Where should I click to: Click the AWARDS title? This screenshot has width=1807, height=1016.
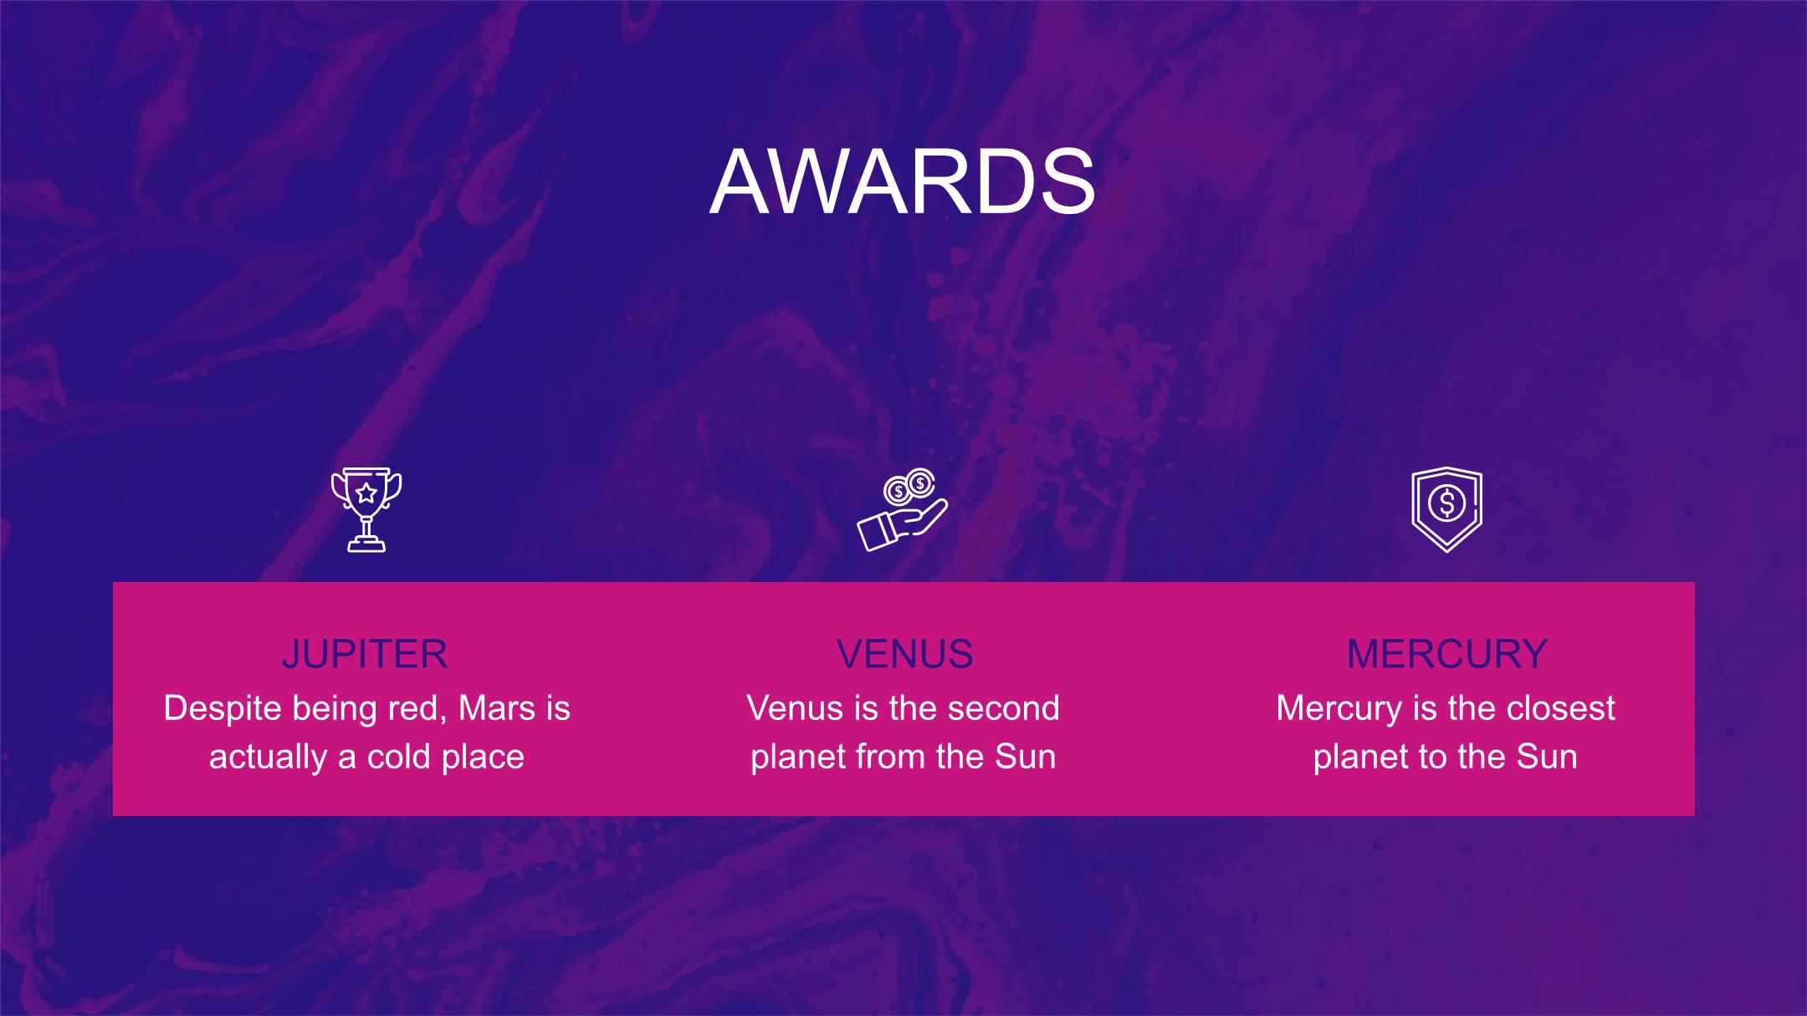(903, 181)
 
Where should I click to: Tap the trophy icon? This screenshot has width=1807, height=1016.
(366, 509)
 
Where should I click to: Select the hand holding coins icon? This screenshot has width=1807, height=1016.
(903, 509)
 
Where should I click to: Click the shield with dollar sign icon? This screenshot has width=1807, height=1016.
(1446, 509)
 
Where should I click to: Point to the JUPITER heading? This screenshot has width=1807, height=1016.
(365, 654)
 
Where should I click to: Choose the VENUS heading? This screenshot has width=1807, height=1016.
(904, 654)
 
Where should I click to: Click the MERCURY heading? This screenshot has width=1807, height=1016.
(1447, 654)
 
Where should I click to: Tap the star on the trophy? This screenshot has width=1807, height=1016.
(366, 492)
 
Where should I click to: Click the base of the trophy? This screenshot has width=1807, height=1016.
(366, 544)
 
